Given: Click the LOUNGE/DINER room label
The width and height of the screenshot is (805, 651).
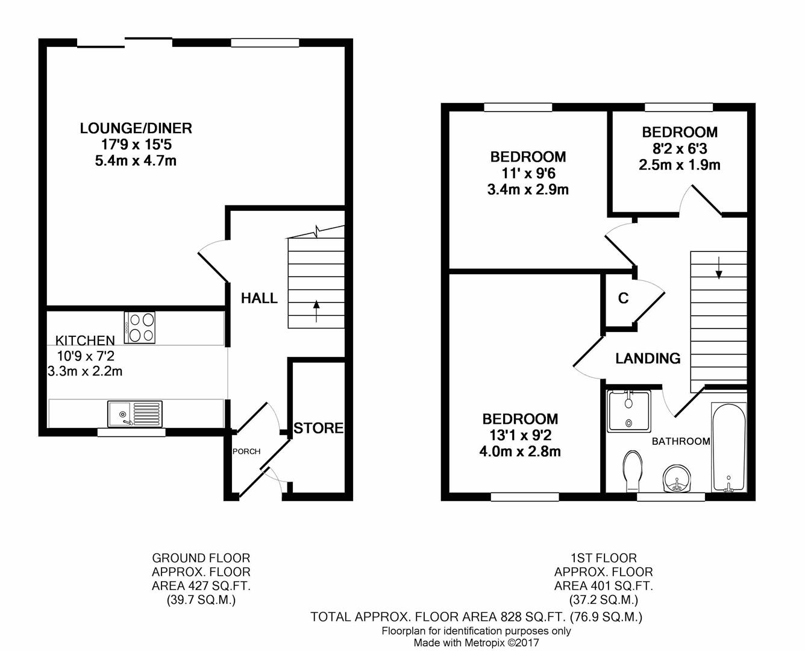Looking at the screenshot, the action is [x=136, y=128].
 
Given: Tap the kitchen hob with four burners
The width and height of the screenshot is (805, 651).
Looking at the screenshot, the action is [x=139, y=327].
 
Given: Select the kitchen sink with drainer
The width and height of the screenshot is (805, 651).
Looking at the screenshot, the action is [x=135, y=414].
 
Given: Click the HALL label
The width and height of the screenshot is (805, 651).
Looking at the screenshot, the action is [x=259, y=298].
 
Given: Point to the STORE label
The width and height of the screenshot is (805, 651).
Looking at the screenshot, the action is [x=319, y=428].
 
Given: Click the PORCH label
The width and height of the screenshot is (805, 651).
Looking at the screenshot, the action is [x=246, y=451].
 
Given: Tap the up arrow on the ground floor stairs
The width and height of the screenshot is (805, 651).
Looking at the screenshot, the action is [x=316, y=311].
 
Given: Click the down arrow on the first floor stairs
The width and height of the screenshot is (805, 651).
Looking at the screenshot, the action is [x=718, y=268].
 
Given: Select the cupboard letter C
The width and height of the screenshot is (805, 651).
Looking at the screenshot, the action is [x=623, y=298].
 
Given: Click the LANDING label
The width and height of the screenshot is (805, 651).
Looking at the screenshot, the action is [x=648, y=359].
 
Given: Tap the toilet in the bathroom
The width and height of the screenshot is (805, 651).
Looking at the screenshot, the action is [x=632, y=471].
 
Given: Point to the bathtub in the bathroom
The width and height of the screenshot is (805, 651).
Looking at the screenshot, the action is [x=728, y=447].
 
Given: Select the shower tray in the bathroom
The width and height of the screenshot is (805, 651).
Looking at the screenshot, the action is [x=628, y=411].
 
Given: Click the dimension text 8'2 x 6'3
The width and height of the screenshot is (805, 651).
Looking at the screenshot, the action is [x=680, y=149].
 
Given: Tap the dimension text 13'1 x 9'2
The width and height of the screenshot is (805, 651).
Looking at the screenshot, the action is [x=521, y=436].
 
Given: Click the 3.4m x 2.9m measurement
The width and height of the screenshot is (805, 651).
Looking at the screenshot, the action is [x=528, y=189].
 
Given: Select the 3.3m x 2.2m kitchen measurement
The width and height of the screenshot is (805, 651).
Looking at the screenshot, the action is [x=85, y=371].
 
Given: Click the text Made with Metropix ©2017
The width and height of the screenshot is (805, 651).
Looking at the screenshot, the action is [x=476, y=643].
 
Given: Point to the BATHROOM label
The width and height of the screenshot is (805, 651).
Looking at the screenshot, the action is [x=681, y=441].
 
